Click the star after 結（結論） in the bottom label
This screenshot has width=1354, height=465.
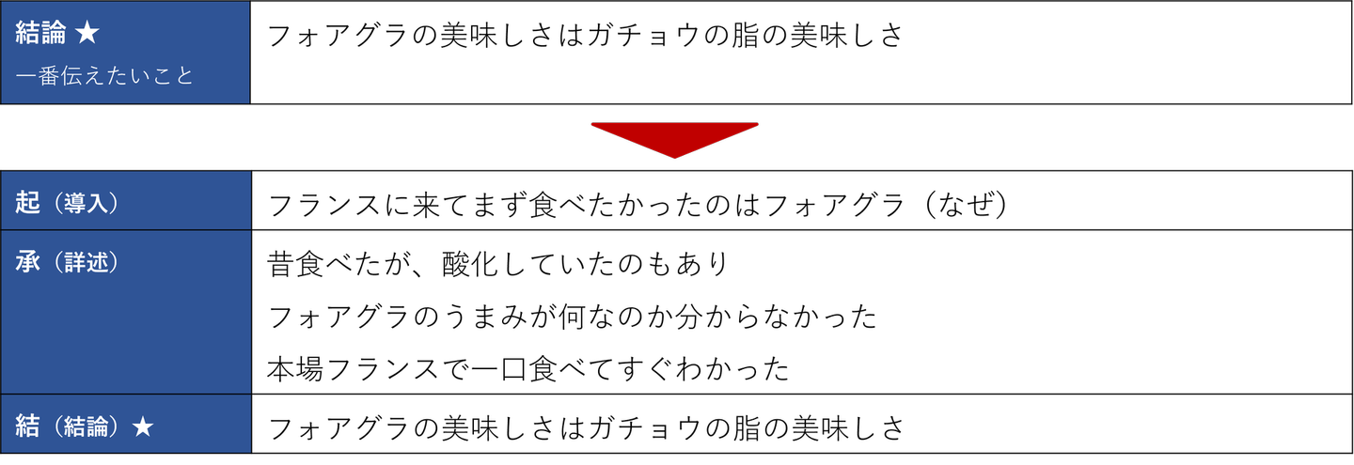pos(142,426)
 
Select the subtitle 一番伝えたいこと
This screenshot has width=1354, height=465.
pos(104,75)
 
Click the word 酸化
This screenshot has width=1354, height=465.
pos(488,264)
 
